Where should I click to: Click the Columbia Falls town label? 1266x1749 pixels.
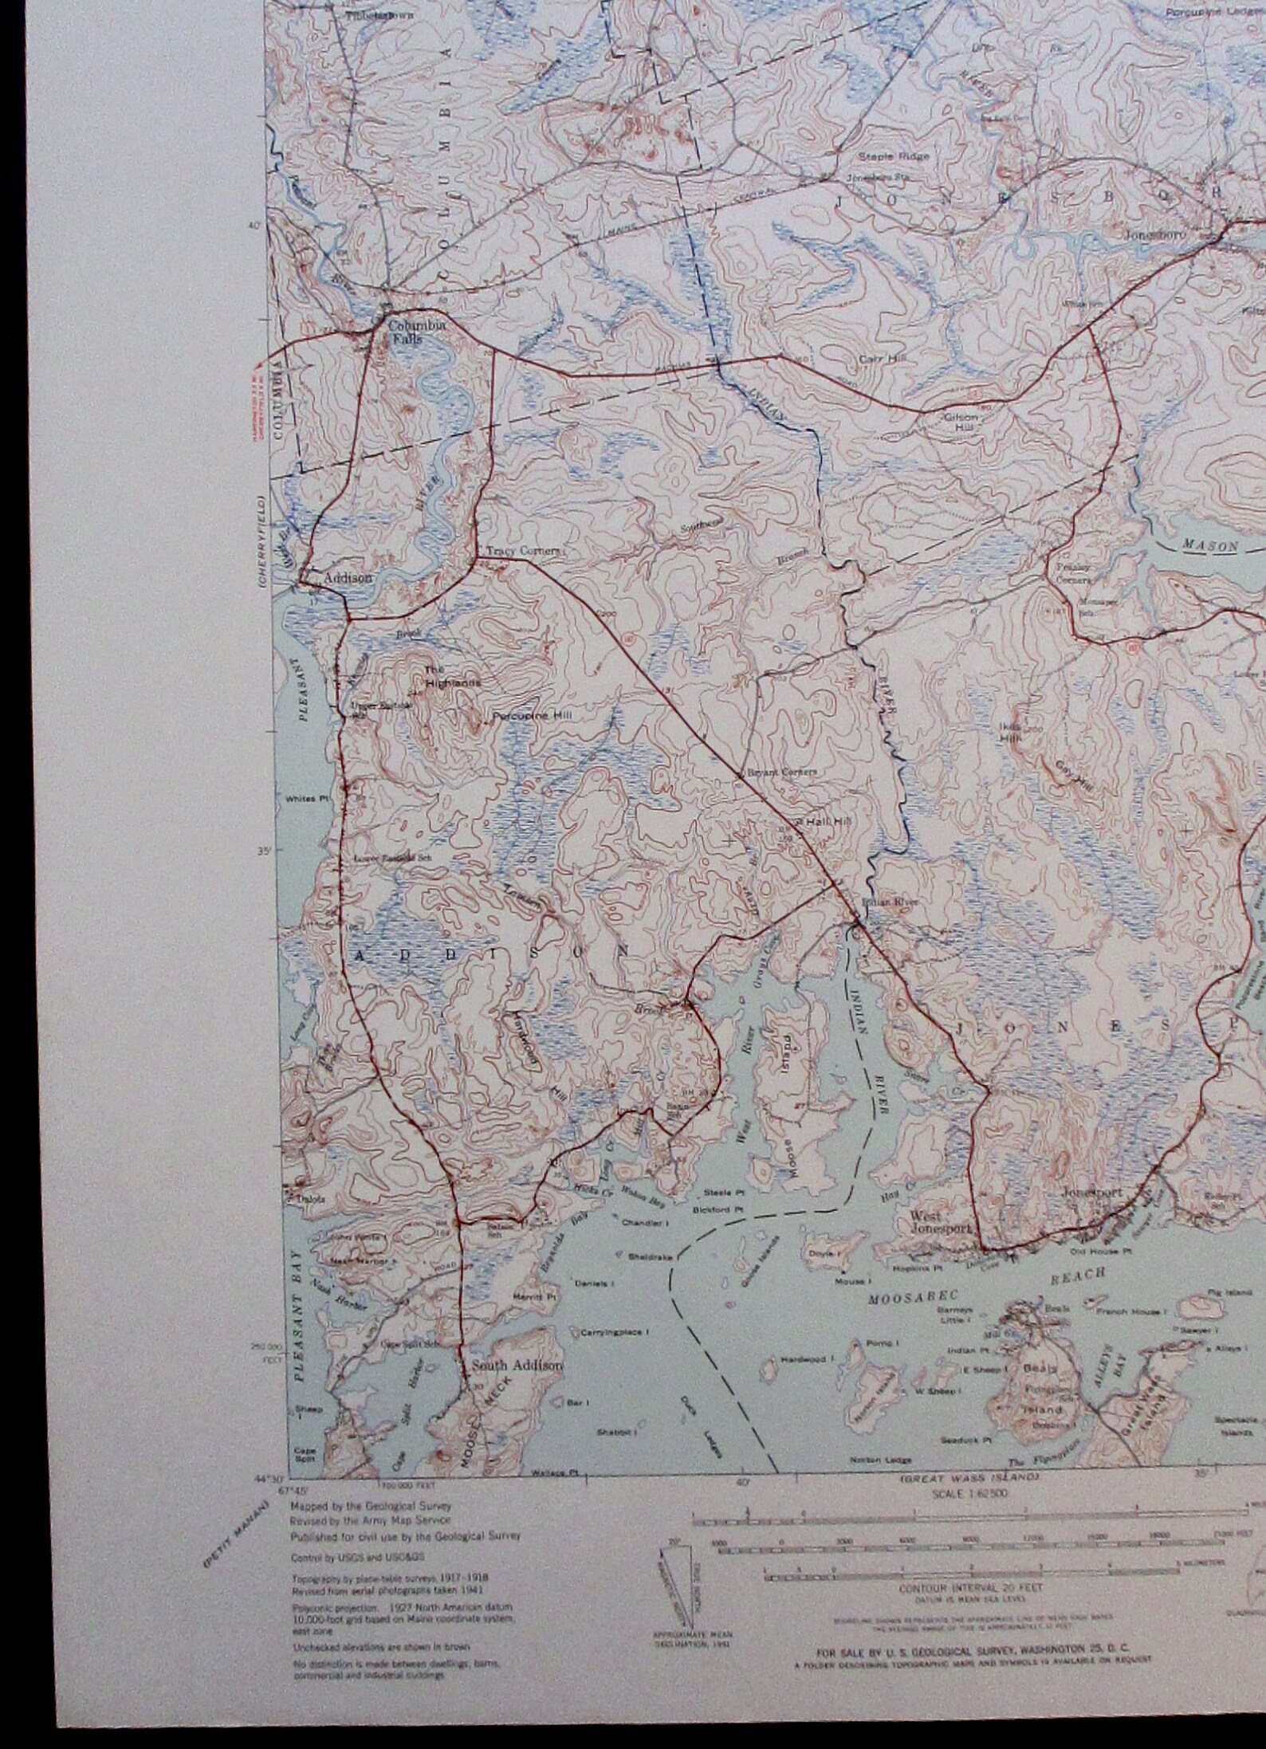(407, 332)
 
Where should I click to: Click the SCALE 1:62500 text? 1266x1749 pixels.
(970, 1494)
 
